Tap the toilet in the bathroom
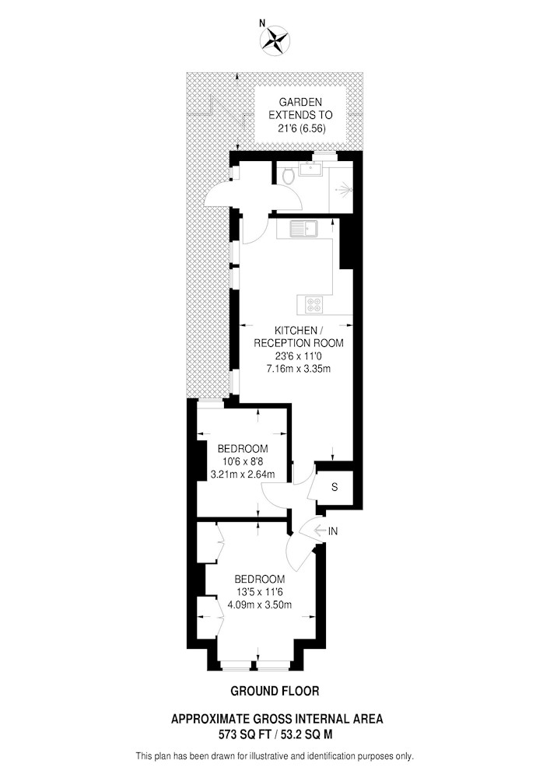[286, 174]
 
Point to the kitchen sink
[305, 230]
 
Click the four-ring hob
[314, 303]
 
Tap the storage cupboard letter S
[335, 487]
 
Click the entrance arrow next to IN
[320, 531]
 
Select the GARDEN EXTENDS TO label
[300, 109]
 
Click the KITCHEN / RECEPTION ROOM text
[299, 336]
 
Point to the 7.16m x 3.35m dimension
[299, 369]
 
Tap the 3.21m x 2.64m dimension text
[243, 474]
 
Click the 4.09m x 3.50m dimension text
[259, 605]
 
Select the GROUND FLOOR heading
[275, 690]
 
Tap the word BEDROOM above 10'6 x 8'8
[243, 449]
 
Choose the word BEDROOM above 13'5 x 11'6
[260, 579]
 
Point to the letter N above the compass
[262, 22]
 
